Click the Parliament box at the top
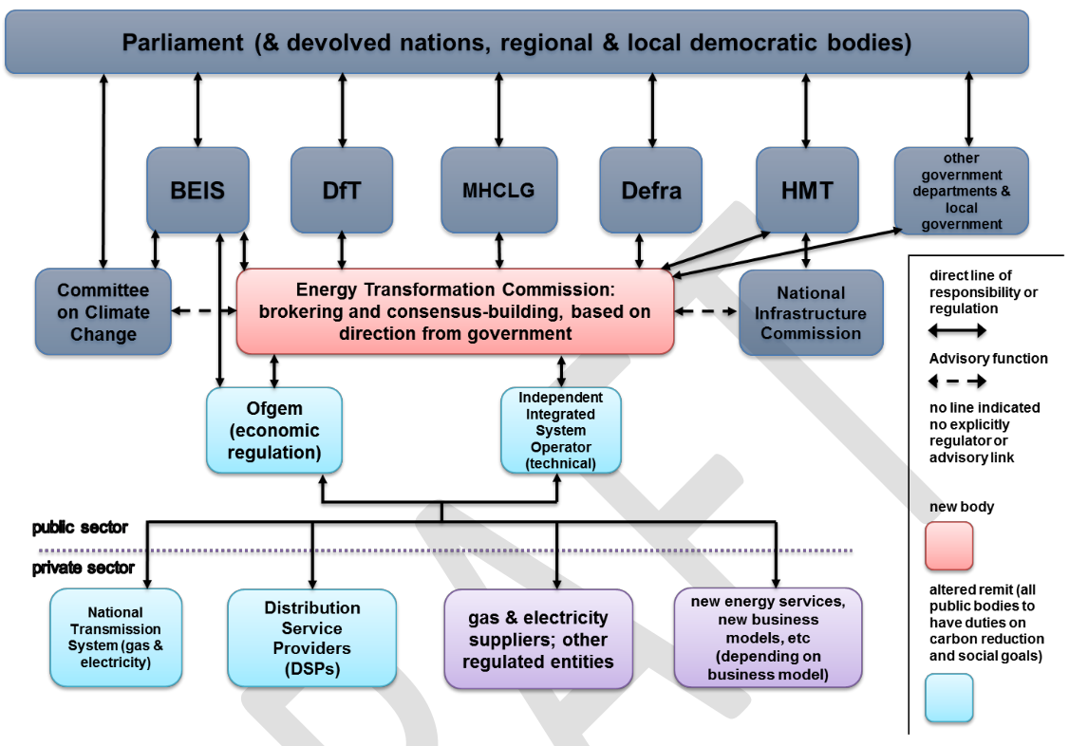coord(516,43)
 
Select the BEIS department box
coord(197,190)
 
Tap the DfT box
coord(342,190)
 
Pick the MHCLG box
coord(498,190)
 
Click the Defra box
coord(651,190)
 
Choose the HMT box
coord(807,190)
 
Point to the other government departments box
coord(961,191)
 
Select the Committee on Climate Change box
coord(103,312)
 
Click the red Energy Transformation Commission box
coord(455,311)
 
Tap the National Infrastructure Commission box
coord(811,312)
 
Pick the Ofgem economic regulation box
coord(274,430)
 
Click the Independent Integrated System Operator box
coord(561,430)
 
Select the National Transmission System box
coord(116,637)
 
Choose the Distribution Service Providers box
coord(312,637)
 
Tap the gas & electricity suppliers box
coord(538,639)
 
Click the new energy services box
coord(768,637)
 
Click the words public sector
coord(80,528)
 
